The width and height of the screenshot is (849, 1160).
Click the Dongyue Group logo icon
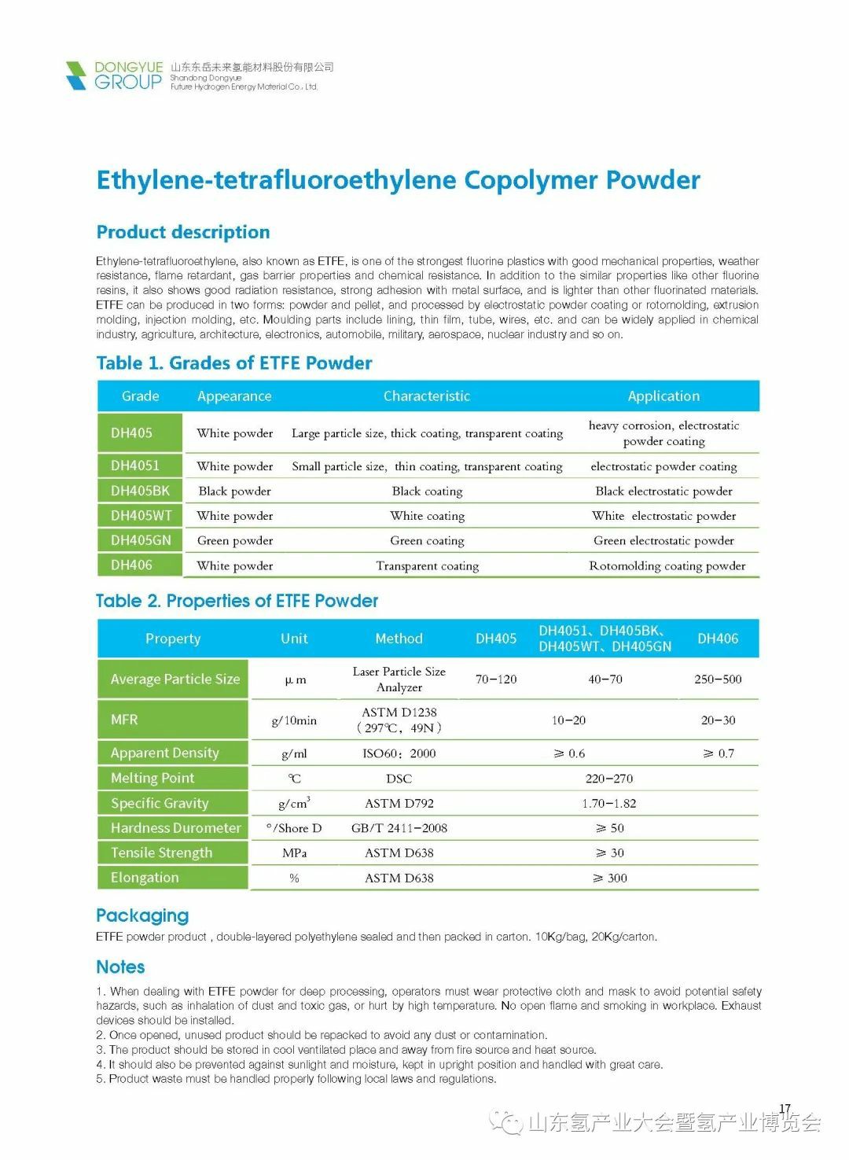[x=76, y=75]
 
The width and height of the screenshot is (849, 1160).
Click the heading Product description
[x=182, y=232]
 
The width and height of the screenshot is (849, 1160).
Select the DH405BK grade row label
[x=140, y=491]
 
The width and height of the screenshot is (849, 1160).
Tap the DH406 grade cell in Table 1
[x=132, y=565]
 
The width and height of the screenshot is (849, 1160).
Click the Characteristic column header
[x=426, y=396]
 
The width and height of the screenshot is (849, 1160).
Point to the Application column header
[x=663, y=396]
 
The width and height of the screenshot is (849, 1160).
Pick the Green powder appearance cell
[x=235, y=540]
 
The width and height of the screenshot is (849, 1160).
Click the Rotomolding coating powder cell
[x=667, y=565]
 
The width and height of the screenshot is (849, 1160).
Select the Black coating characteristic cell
[x=427, y=491]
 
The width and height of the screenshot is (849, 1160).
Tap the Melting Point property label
[x=153, y=778]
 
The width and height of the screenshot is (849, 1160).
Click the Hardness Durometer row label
[x=175, y=827]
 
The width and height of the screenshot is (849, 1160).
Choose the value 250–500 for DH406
[x=718, y=679]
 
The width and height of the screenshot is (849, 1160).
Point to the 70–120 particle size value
[x=496, y=679]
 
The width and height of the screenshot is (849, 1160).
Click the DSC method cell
[x=399, y=778]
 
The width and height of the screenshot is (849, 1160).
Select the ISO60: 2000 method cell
[x=399, y=753]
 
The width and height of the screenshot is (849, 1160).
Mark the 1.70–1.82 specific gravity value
[x=609, y=803]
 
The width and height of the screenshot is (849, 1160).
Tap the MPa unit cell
[x=294, y=853]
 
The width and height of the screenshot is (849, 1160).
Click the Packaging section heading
[x=142, y=915]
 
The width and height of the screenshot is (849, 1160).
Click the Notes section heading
[x=120, y=967]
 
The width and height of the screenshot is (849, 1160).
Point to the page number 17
[x=785, y=1109]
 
